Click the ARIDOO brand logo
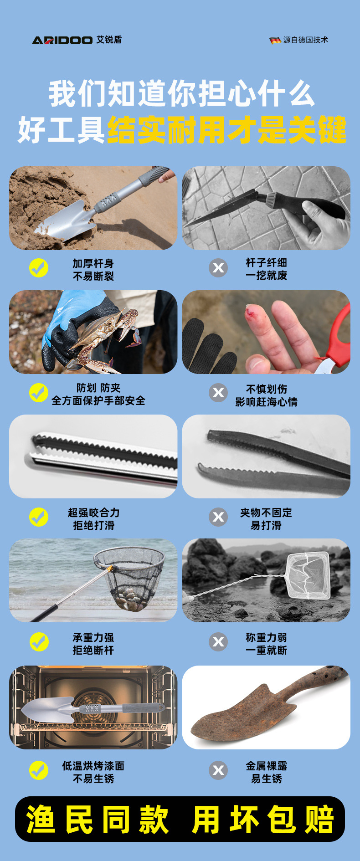(62, 40)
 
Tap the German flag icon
(275, 40)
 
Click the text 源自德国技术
(305, 40)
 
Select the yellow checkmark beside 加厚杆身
(39, 268)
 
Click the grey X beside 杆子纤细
(218, 268)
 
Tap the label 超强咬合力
(93, 512)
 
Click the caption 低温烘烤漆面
(93, 766)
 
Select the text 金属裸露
(266, 766)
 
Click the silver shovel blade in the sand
(66, 221)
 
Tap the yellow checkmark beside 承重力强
(39, 642)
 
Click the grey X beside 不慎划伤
(218, 392)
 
